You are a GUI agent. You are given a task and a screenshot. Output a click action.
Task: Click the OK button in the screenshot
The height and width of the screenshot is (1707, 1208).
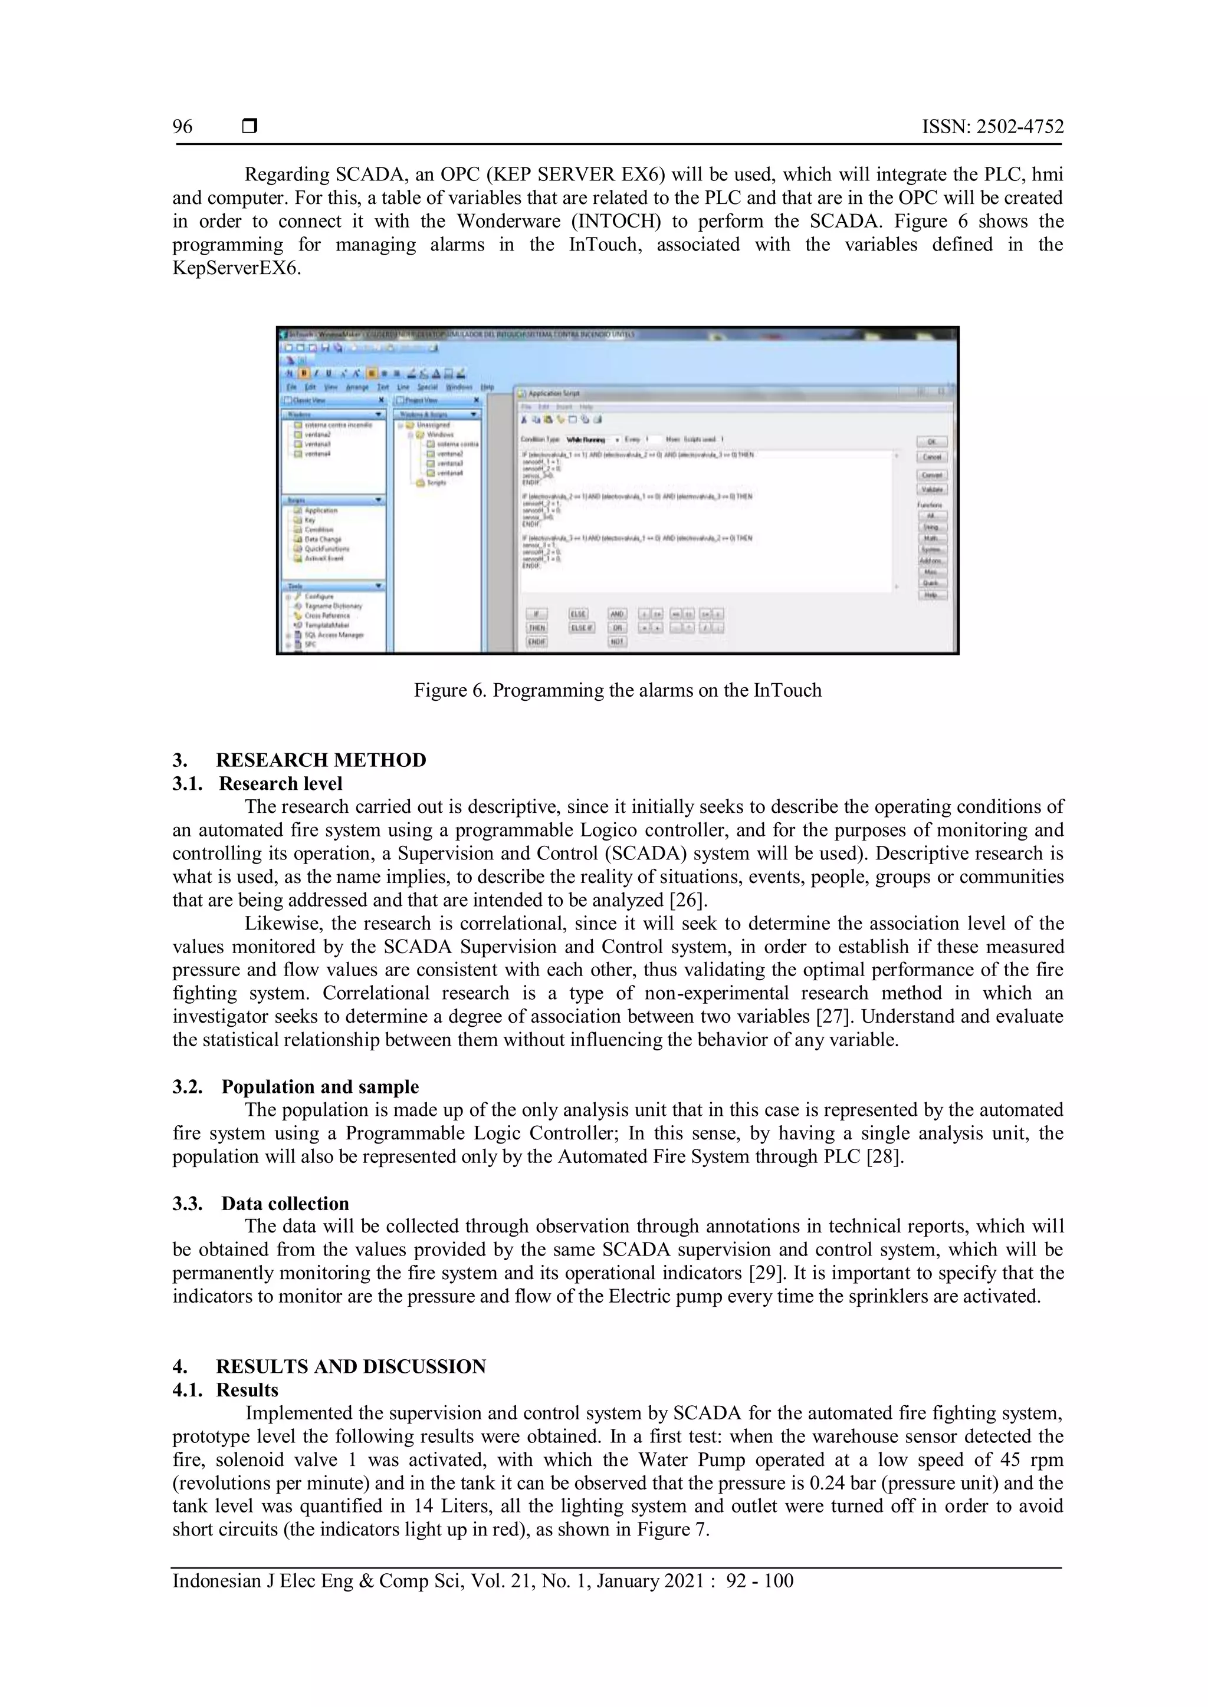click(932, 441)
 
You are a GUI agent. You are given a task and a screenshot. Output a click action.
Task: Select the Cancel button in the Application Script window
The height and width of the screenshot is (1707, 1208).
click(932, 457)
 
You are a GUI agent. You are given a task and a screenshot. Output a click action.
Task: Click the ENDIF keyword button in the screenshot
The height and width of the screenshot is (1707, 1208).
click(536, 642)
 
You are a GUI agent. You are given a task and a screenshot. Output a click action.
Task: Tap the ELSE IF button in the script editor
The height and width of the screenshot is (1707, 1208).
click(581, 628)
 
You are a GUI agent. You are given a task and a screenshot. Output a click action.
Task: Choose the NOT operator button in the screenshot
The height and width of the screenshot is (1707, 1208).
click(616, 642)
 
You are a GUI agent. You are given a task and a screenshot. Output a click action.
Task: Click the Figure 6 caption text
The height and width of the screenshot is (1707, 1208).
click(618, 690)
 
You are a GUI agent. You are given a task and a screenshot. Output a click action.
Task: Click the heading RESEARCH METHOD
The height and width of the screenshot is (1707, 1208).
click(321, 760)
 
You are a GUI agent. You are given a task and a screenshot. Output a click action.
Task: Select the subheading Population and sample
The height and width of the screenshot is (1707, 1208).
click(320, 1086)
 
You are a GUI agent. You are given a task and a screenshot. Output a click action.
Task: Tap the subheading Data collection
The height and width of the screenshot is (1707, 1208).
click(285, 1203)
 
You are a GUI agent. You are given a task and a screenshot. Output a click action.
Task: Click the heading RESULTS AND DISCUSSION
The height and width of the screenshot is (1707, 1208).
click(350, 1366)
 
